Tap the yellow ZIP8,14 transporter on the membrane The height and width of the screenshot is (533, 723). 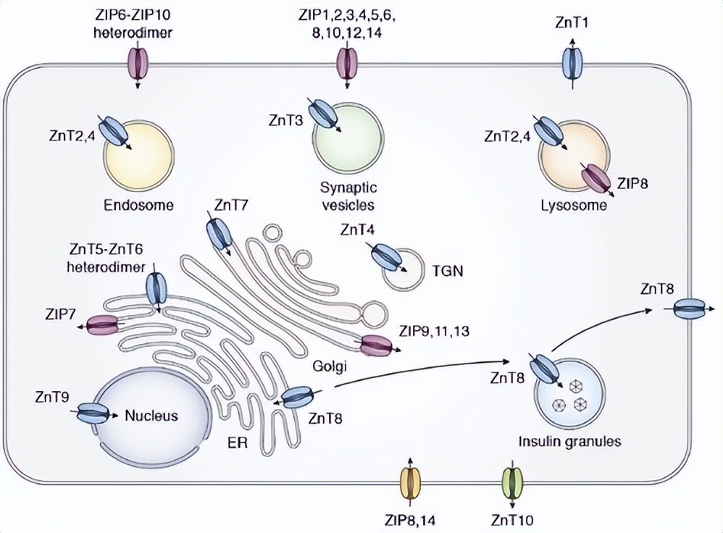410,482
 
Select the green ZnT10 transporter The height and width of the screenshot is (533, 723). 513,482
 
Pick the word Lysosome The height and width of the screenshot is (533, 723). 572,205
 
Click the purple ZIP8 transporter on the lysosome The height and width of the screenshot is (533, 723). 598,179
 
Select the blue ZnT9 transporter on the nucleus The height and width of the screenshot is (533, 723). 91,414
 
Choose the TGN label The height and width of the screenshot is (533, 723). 447,272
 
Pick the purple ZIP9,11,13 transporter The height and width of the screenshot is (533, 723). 375,347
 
